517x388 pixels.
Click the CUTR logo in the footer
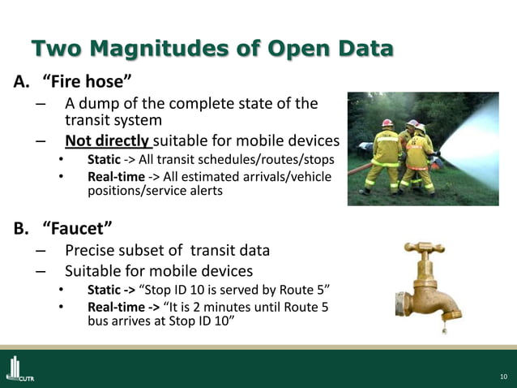19,369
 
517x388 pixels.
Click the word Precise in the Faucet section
89,250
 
